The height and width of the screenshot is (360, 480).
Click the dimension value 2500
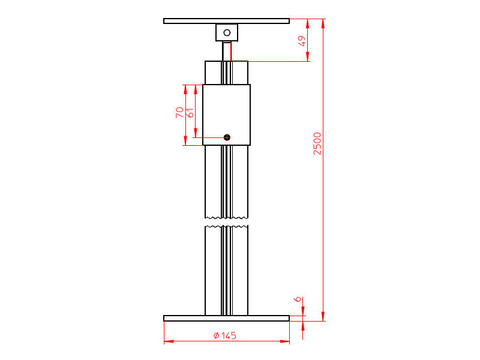pyautogui.click(x=317, y=143)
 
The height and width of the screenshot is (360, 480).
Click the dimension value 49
pyautogui.click(x=302, y=41)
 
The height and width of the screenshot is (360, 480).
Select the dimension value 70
pyautogui.click(x=179, y=112)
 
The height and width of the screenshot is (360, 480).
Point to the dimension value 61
pyautogui.click(x=190, y=112)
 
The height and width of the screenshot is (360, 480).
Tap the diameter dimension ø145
pyautogui.click(x=225, y=335)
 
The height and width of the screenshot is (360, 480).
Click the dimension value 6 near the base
pyautogui.click(x=297, y=299)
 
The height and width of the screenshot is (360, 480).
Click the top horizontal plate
pyautogui.click(x=226, y=21)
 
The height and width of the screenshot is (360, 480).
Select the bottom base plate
pyautogui.click(x=226, y=318)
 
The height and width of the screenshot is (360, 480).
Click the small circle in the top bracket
pyautogui.click(x=227, y=32)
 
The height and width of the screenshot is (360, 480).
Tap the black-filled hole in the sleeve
pyautogui.click(x=227, y=137)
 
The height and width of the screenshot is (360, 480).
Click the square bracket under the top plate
pyautogui.click(x=227, y=32)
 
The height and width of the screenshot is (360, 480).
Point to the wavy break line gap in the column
pyautogui.click(x=226, y=221)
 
